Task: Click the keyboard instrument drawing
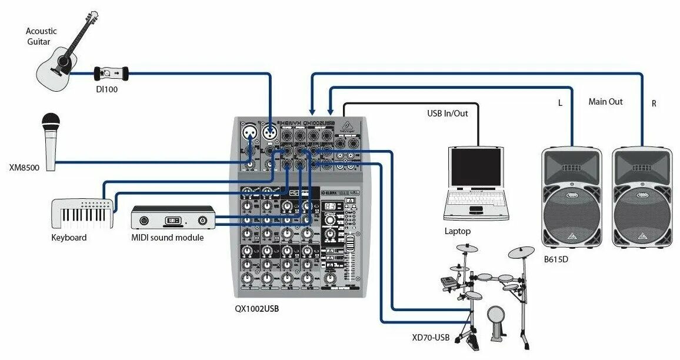pos(82,214)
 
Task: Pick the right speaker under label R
pos(642,197)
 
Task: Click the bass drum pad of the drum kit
pos(495,323)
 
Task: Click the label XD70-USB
pos(431,337)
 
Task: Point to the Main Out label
pos(605,102)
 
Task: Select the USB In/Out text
pos(448,113)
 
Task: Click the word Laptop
pos(458,231)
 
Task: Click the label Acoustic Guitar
pos(41,36)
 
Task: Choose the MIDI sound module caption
pos(167,238)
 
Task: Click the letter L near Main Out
pos(560,103)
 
